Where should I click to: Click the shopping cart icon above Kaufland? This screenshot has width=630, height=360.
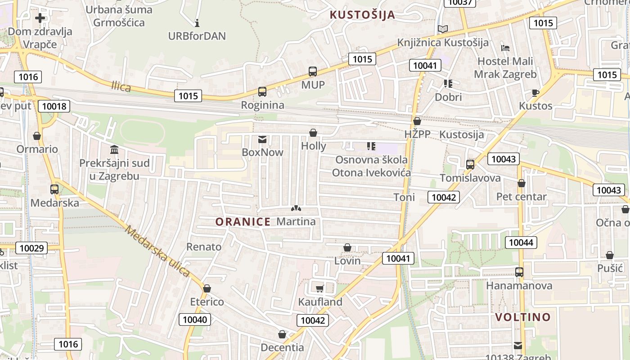coord(320,288)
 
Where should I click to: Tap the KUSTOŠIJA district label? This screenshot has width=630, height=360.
coord(362,15)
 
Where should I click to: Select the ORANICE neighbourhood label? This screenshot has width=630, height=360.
coord(243,221)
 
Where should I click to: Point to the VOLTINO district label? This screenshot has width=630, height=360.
coord(523,317)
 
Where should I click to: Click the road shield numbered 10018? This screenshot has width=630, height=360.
coord(54,107)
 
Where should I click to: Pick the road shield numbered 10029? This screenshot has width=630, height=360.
coord(31,248)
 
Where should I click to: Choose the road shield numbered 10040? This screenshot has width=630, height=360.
coord(195,320)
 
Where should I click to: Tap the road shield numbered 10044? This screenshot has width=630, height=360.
coord(521,243)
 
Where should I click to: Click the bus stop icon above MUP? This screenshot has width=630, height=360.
coord(313,71)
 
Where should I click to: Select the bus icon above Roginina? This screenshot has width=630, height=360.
coord(262,92)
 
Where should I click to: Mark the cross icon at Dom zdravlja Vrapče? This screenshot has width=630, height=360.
coord(40,18)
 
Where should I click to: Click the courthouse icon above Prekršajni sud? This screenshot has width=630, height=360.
coord(114,149)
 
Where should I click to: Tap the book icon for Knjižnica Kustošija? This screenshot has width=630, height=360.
coord(443,29)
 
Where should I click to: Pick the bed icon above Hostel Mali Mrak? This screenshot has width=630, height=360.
coord(505,48)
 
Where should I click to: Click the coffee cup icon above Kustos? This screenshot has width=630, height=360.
coord(535,93)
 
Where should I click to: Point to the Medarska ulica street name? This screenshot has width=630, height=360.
coord(157,251)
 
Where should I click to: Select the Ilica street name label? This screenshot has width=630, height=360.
coord(121,86)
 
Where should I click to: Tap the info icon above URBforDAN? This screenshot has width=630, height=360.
coord(197,22)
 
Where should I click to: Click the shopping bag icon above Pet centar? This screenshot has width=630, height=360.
coord(521,183)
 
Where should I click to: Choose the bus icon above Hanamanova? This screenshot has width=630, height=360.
coord(519,272)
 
